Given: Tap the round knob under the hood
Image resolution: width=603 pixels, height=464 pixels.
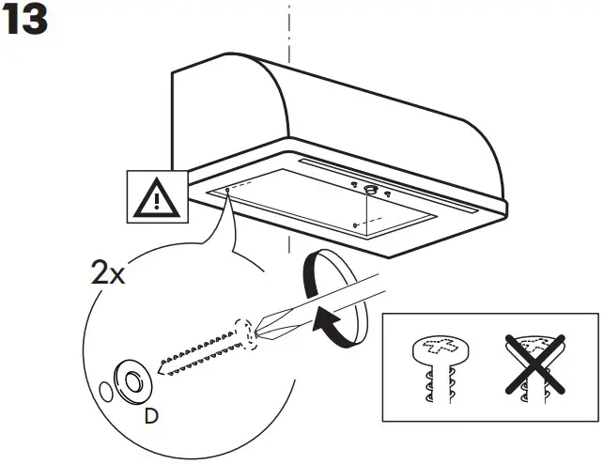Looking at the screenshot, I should [368, 191].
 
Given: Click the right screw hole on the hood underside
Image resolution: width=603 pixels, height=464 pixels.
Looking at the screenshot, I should [353, 224].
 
